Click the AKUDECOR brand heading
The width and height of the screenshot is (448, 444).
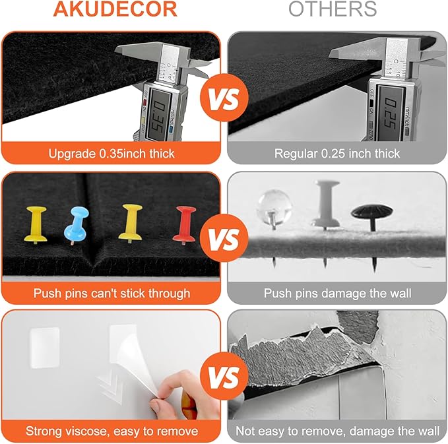click(115, 9)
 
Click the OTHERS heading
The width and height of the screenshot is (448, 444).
click(333, 9)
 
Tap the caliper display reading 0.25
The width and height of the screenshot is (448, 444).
click(391, 112)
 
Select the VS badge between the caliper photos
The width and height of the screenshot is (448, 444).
click(224, 98)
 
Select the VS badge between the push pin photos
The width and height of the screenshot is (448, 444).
click(224, 238)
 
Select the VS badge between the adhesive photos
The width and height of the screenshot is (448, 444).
click(224, 376)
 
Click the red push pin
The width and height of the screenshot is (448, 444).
click(185, 225)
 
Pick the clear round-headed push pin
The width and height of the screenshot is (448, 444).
click(274, 207)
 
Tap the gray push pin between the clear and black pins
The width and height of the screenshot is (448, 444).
click(326, 205)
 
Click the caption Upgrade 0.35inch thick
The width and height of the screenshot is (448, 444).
click(112, 154)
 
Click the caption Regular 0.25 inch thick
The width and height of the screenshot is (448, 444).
click(337, 154)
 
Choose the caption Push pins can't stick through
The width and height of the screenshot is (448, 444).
click(112, 294)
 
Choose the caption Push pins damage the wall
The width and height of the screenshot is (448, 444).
click(337, 294)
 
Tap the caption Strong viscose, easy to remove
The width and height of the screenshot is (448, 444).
click(112, 431)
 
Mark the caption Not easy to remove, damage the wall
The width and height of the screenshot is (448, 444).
click(337, 431)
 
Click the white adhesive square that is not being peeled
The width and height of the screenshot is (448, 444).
click(45, 348)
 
